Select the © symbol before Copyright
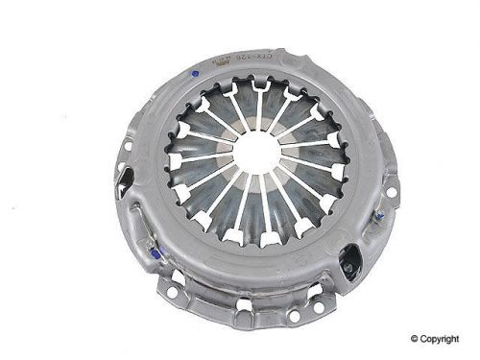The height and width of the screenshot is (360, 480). (x=416, y=338)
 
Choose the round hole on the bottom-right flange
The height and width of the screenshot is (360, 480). (x=325, y=294)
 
